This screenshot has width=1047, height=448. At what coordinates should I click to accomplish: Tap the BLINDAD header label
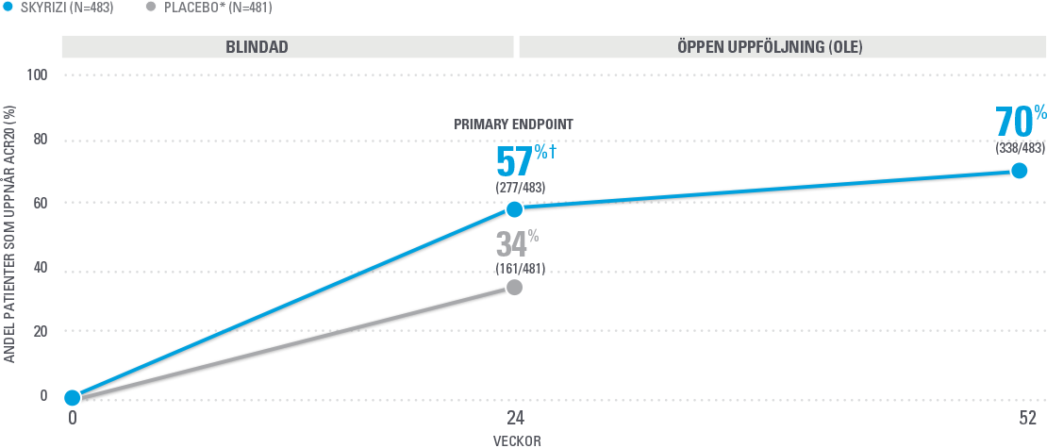click(257, 47)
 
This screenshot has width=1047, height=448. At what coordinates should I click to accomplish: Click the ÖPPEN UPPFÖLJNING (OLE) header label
click(782, 47)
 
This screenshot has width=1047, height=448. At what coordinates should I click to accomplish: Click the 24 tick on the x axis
click(514, 418)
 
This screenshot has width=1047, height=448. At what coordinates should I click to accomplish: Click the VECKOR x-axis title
click(517, 440)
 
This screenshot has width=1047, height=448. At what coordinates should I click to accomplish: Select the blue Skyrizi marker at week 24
click(514, 208)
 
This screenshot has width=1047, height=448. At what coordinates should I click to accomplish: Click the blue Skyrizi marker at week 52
click(1019, 171)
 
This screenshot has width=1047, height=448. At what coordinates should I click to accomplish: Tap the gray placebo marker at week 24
click(514, 287)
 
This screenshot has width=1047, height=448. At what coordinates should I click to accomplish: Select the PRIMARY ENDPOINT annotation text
click(514, 124)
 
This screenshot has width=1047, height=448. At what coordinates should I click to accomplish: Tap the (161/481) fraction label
click(520, 269)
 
